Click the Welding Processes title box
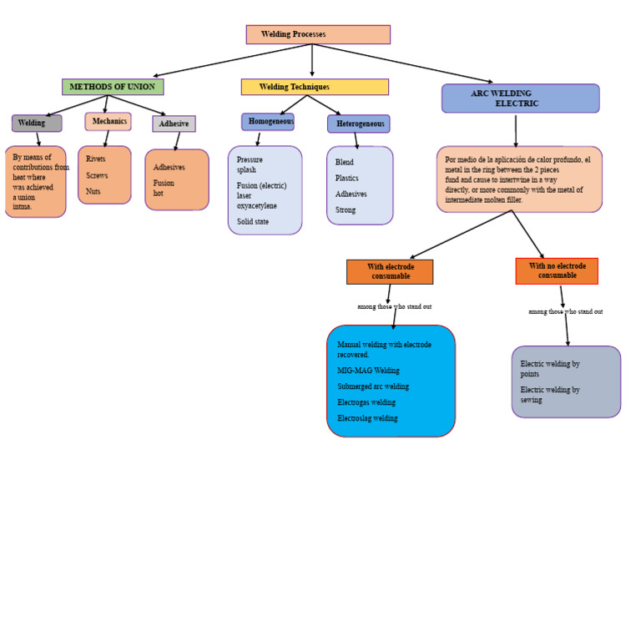click(318, 34)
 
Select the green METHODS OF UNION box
click(113, 87)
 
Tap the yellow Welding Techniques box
click(315, 87)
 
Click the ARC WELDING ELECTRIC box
click(520, 98)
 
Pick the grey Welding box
click(37, 124)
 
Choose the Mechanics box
click(109, 122)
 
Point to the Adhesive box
click(174, 124)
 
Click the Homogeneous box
click(268, 122)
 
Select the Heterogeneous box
click(359, 124)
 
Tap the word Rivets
click(96, 159)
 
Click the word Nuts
click(93, 191)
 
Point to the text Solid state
click(253, 222)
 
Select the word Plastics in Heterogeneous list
click(347, 178)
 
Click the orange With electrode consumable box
click(390, 271)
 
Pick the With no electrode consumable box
click(557, 270)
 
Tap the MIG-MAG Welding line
click(368, 371)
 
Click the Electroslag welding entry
click(367, 418)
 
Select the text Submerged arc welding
click(373, 386)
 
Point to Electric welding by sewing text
click(550, 394)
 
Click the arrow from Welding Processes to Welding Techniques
click(312, 61)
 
